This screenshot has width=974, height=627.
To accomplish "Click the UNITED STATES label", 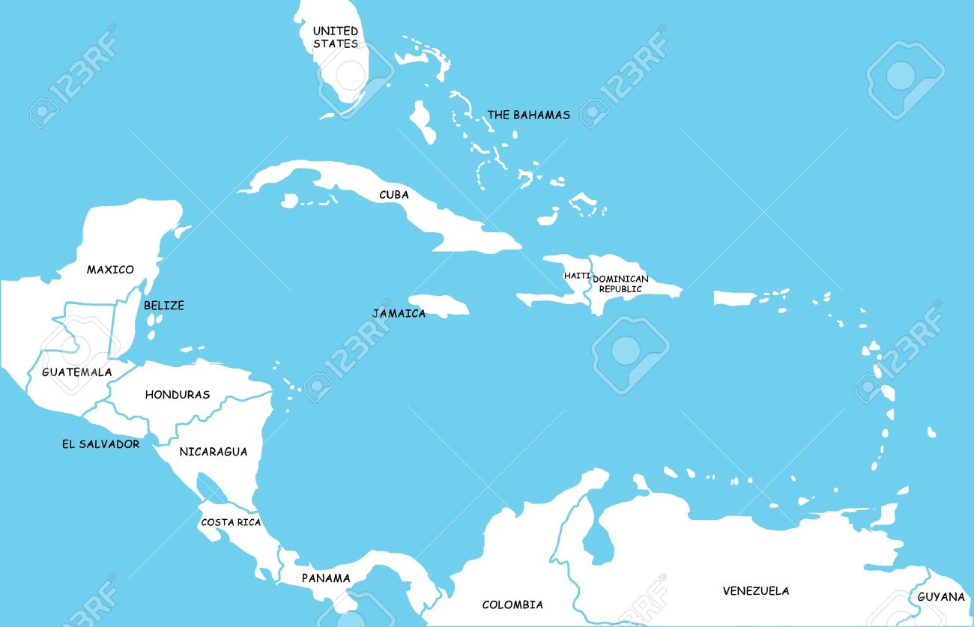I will [x=335, y=37].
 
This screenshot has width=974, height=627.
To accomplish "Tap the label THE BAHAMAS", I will [x=528, y=115].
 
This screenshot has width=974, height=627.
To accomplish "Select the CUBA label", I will [x=393, y=195].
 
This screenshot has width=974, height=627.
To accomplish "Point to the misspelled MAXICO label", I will [x=110, y=270].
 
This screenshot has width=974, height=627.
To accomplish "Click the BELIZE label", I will [x=163, y=306].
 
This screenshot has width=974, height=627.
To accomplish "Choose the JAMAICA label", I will [x=399, y=314].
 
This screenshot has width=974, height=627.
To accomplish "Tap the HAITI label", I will [x=577, y=276].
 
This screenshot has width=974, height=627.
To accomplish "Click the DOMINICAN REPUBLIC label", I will [x=620, y=284].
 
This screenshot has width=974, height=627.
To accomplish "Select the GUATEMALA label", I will [x=76, y=372].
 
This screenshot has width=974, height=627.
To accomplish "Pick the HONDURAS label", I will [x=177, y=395].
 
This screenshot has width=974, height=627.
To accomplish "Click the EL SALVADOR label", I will [x=100, y=444].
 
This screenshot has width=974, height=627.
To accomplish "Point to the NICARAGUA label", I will [x=213, y=452].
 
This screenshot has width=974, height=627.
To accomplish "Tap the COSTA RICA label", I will [x=231, y=522].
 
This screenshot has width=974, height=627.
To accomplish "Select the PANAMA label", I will [x=326, y=578].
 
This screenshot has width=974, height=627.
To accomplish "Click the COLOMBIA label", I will [x=512, y=605].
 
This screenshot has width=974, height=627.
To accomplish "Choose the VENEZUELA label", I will [x=755, y=591].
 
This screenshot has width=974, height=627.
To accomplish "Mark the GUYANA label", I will [x=941, y=597].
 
